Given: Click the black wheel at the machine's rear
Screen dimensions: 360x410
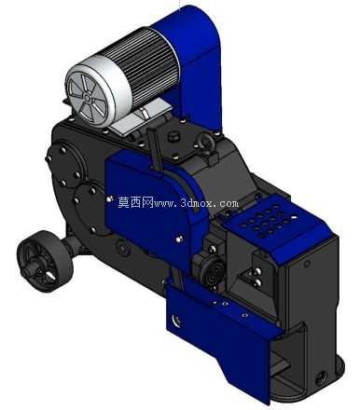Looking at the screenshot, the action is coord(44,261).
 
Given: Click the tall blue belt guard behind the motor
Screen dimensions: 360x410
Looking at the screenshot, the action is coord(193,62).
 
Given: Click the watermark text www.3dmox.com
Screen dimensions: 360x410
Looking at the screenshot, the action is coord(197,203).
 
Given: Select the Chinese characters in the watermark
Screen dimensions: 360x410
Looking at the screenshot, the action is coord(135,203).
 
